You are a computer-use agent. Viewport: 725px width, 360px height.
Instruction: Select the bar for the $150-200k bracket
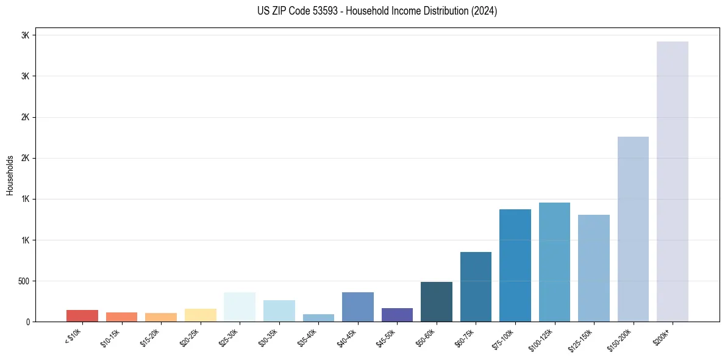click(x=633, y=229)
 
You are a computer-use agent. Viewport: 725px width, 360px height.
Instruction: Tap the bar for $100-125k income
click(x=554, y=262)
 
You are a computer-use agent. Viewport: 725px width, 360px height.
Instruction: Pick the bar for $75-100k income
click(x=515, y=265)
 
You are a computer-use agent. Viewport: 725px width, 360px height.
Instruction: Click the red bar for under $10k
click(x=82, y=315)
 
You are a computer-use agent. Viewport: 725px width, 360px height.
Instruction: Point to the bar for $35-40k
click(x=318, y=318)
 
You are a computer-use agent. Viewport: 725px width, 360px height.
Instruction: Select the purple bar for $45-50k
click(x=397, y=315)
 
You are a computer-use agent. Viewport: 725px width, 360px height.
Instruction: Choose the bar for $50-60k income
click(x=436, y=301)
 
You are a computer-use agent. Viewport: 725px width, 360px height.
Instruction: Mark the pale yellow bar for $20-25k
click(x=200, y=315)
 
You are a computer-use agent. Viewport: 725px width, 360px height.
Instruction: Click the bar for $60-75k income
click(x=476, y=287)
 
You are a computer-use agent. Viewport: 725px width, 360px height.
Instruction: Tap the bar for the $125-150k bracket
click(x=593, y=268)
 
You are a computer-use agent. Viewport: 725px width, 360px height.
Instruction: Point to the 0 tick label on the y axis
click(x=28, y=322)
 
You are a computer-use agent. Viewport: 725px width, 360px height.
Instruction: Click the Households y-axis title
click(x=10, y=175)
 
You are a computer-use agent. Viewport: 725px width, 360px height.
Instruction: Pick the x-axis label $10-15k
click(x=111, y=337)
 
